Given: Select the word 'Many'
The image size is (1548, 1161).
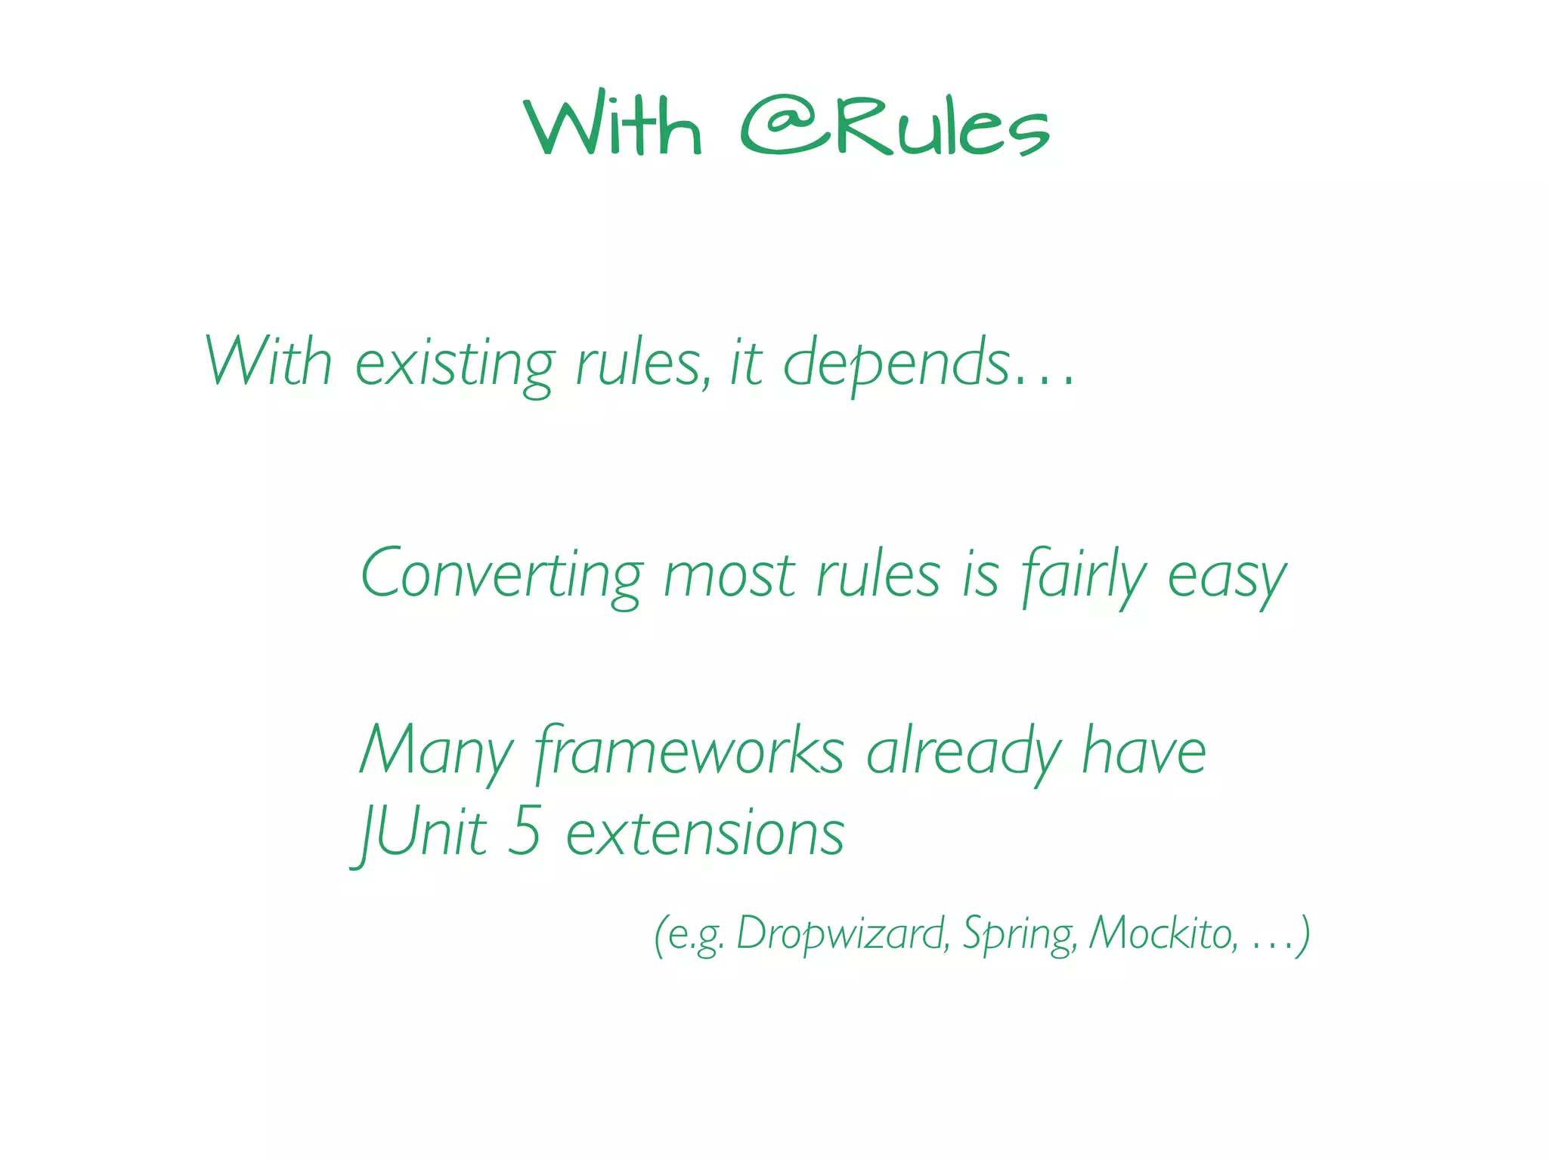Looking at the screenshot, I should pyautogui.click(x=436, y=753).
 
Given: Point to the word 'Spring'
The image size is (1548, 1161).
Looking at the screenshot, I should pyautogui.click(x=1020, y=934).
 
